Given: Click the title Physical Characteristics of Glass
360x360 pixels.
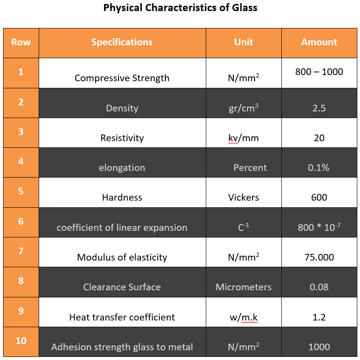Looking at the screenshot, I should pos(180,8).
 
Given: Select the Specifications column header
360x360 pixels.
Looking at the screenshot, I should pos(122,42).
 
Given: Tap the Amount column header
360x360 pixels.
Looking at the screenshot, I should pos(319,42).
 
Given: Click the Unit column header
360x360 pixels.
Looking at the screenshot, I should pos(244,42).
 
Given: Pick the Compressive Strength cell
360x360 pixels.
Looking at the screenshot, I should pos(122,78).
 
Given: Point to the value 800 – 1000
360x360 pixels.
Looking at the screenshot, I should pos(319,72).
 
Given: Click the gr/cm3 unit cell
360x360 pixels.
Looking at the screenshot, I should pos(244,108).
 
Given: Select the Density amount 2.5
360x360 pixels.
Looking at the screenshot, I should pos(319,108).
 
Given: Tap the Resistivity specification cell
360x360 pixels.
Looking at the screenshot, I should pos(122,138).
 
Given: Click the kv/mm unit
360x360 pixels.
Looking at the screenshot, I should pos(244,138).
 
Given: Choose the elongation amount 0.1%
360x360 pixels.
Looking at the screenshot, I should pos(319,168).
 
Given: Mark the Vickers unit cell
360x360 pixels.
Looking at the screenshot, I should pos(244,198).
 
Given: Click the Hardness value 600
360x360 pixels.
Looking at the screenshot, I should pos(319,198).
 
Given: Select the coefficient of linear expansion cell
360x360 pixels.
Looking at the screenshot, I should pos(122,228).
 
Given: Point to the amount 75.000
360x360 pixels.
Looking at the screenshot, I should pos(319,257).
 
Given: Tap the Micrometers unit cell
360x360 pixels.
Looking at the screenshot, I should pos(244,287).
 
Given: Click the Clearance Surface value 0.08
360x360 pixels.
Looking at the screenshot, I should pos(319,287).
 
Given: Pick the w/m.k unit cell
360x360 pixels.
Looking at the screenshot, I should pos(244,317).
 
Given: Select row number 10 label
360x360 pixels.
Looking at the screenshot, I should pos(21,341).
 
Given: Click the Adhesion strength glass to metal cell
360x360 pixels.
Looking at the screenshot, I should pos(122,347).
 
